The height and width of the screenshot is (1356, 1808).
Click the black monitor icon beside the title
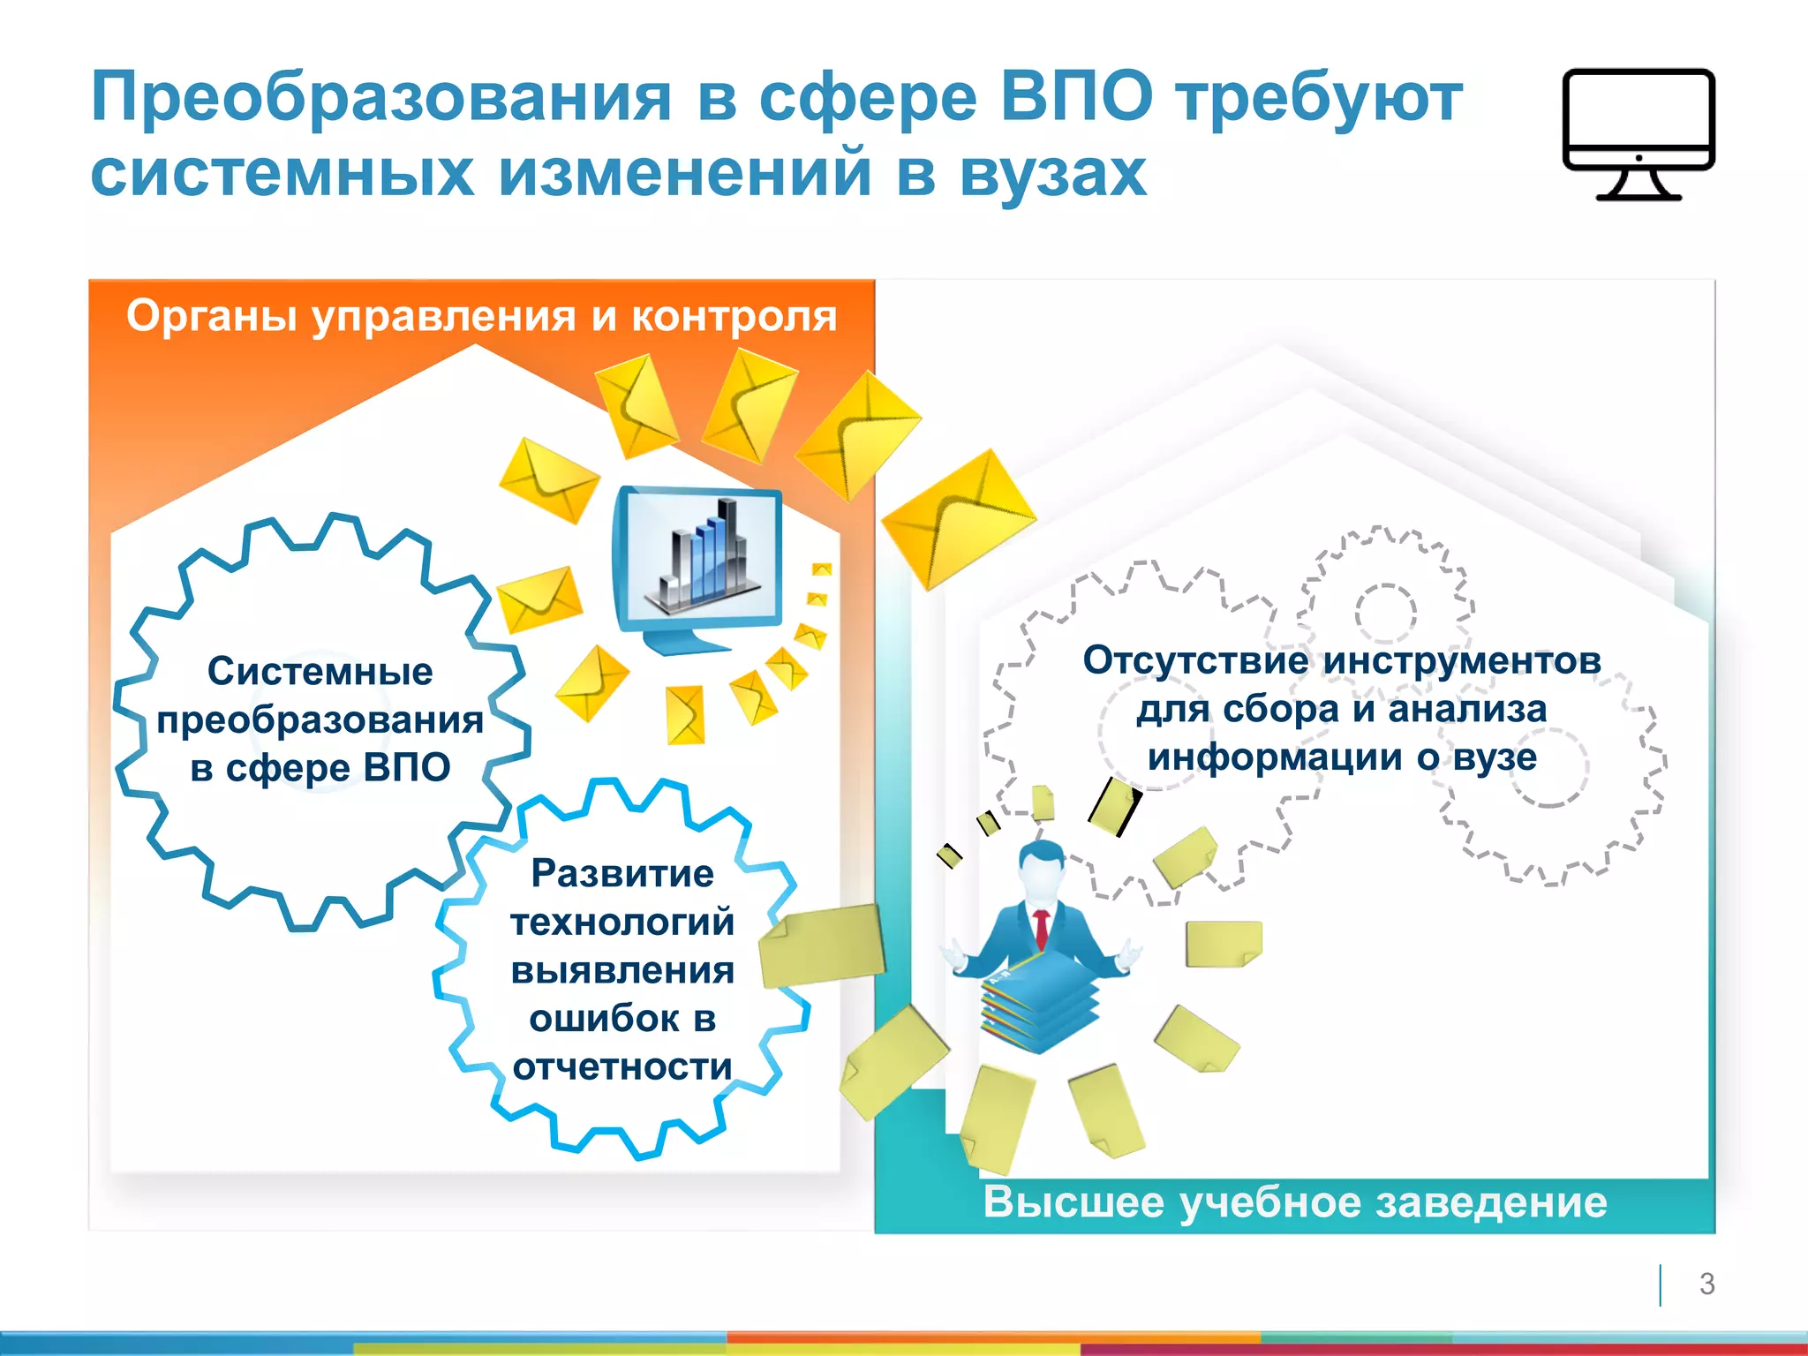[x=1638, y=132]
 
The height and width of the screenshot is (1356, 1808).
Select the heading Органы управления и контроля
[x=481, y=315]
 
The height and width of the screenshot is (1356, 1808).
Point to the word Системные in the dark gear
[x=320, y=671]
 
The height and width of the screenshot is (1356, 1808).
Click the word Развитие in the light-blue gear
[x=622, y=873]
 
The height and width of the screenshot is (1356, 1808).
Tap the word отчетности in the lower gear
[x=622, y=1066]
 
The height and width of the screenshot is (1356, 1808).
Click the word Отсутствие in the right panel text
[x=1195, y=660]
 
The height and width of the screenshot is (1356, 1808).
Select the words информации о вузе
[x=1342, y=757]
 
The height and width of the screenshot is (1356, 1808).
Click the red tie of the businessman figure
[x=1042, y=927]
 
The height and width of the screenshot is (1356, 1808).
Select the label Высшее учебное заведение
[x=1295, y=1202]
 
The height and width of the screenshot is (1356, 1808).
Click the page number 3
[x=1706, y=1284]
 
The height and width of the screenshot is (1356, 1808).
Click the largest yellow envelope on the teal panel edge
[x=958, y=517]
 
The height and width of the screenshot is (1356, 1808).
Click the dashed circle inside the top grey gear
[x=1385, y=613]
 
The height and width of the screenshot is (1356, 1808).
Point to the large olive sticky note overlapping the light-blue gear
[x=821, y=945]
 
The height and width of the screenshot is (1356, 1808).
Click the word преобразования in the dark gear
[x=320, y=719]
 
